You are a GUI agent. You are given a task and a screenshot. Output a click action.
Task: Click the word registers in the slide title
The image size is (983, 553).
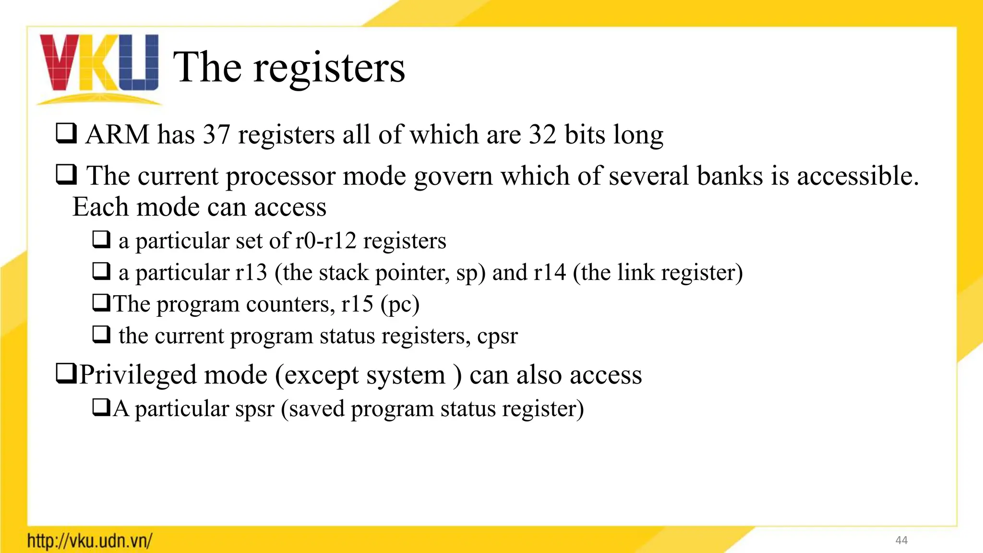pos(329,68)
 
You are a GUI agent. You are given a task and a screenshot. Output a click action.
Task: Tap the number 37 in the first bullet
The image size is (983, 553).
pos(216,134)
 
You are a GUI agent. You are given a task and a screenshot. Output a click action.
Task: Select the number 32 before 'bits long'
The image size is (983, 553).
pos(542,134)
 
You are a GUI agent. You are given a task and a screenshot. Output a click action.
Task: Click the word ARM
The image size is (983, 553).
pos(118,134)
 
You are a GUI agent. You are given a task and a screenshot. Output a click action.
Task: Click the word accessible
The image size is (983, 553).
pos(858,176)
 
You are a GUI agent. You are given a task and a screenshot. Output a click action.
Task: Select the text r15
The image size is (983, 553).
pos(357,304)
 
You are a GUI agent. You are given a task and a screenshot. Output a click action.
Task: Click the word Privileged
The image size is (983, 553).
pos(138,375)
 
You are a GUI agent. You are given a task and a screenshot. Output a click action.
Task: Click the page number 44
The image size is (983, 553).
pos(901,541)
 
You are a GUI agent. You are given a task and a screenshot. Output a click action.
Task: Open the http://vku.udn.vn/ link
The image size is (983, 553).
pos(90,541)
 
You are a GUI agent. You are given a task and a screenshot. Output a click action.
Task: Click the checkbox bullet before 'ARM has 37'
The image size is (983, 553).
pos(66,133)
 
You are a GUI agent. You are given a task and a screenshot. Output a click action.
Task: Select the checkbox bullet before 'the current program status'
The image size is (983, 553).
pos(101,334)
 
